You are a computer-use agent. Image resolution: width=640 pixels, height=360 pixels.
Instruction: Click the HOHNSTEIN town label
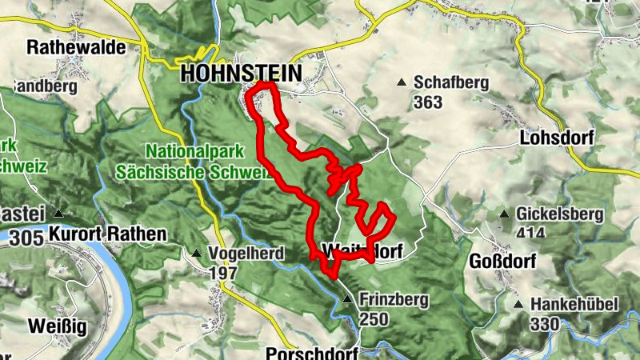pyautogui.click(x=241, y=73)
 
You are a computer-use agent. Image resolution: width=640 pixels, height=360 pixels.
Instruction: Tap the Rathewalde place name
pyautogui.click(x=77, y=47)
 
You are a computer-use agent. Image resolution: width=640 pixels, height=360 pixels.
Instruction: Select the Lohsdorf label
pyautogui.click(x=556, y=137)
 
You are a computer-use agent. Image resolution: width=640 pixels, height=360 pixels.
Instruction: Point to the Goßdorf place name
pyautogui.click(x=501, y=262)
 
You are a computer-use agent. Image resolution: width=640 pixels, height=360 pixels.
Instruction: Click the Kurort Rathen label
pyautogui.click(x=107, y=234)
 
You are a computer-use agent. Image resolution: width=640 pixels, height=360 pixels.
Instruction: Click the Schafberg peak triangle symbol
pyautogui.click(x=402, y=82)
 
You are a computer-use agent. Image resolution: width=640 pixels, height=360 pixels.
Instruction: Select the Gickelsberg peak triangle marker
pyautogui.click(x=504, y=214)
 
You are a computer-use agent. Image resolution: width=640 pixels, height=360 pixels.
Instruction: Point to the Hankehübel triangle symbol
pyautogui.click(x=518, y=305)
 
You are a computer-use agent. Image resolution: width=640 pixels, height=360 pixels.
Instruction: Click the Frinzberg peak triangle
pyautogui.click(x=346, y=300)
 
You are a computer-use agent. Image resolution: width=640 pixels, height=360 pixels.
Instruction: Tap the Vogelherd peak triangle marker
pyautogui.click(x=196, y=254)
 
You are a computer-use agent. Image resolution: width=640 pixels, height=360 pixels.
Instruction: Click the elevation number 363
pyautogui.click(x=429, y=102)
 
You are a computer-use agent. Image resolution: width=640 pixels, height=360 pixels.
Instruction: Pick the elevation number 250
pyautogui.click(x=374, y=319)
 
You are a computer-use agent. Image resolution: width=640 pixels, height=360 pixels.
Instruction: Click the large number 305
pyautogui.click(x=27, y=238)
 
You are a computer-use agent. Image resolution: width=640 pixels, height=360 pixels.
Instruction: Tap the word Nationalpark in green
pyautogui.click(x=185, y=150)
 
